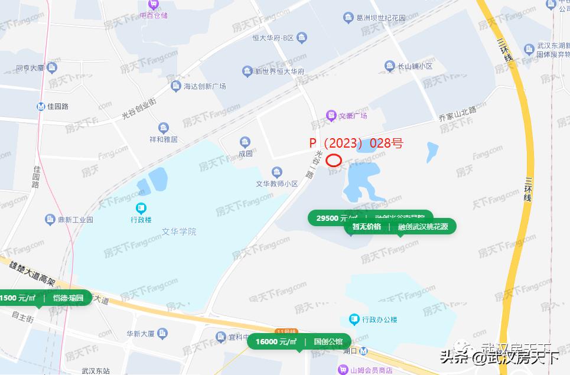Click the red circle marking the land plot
[334, 160]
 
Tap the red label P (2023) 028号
[356, 144]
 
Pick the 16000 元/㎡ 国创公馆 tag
[299, 341]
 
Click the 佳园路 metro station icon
[40, 107]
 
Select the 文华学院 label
[179, 232]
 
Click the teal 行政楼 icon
[141, 208]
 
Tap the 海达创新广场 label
[204, 86]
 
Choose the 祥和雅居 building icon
[164, 128]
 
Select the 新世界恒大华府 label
[279, 72]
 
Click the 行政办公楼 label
[379, 320]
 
